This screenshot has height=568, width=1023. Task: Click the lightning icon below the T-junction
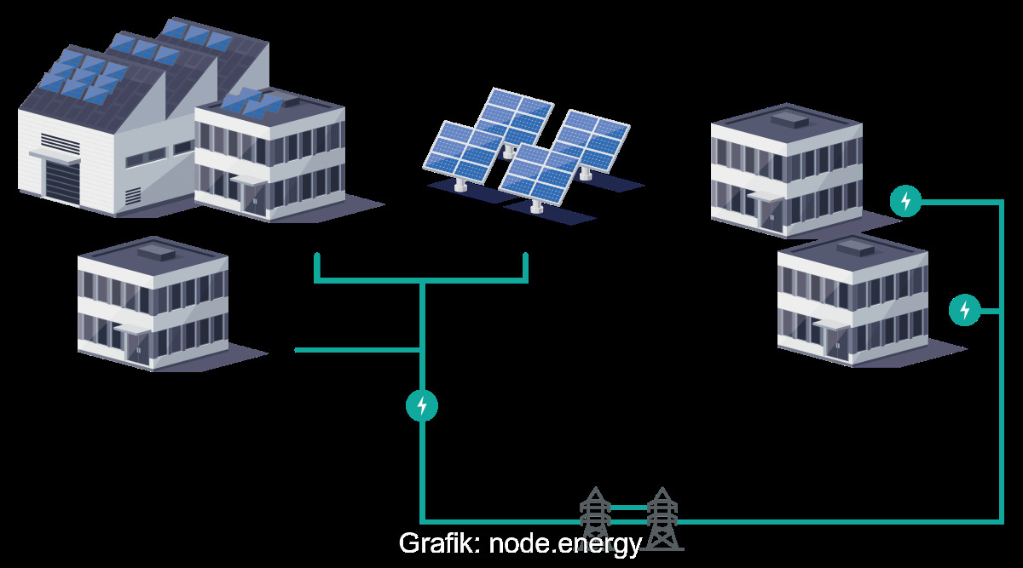click(421, 406)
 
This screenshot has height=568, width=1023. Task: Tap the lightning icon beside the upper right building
click(905, 201)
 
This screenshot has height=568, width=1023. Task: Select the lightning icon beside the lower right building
click(964, 310)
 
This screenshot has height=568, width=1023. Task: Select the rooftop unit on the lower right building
click(856, 250)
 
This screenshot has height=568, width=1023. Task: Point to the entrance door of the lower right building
click(834, 343)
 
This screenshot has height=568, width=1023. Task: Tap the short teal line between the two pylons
click(628, 508)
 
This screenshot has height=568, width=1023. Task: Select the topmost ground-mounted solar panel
click(515, 116)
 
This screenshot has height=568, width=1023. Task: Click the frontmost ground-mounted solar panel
click(540, 175)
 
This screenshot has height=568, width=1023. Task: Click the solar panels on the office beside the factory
click(251, 103)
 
